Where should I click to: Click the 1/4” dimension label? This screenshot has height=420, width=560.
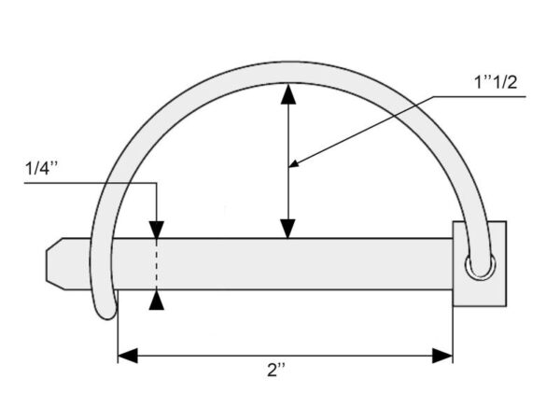click(x=41, y=168)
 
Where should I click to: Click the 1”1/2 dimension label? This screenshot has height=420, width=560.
click(x=495, y=82)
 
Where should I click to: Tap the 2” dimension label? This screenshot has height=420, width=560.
click(x=276, y=370)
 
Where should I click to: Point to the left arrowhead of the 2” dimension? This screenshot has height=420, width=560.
click(x=128, y=356)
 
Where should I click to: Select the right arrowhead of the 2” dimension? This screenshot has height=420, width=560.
click(x=442, y=356)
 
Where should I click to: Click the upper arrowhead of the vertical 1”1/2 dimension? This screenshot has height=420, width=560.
click(x=288, y=94)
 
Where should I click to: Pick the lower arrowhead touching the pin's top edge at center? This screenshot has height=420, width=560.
click(x=287, y=229)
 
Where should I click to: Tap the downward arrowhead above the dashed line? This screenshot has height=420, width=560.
click(x=157, y=230)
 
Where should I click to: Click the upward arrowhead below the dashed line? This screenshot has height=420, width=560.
click(x=157, y=300)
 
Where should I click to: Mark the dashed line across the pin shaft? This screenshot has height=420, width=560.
click(x=157, y=264)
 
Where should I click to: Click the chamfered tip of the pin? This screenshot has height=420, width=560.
click(x=55, y=264)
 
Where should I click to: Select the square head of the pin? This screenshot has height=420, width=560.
click(x=480, y=264)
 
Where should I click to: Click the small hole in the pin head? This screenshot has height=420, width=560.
click(x=481, y=266)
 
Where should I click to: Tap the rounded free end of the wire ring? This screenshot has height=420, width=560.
click(x=106, y=311)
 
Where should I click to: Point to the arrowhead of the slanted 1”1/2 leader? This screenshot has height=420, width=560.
click(x=294, y=163)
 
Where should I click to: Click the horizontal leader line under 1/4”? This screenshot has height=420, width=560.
click(x=91, y=183)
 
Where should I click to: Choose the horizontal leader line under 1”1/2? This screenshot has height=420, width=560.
click(x=479, y=97)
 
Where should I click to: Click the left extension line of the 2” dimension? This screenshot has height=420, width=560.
click(x=118, y=327)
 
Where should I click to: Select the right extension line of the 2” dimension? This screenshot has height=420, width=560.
click(x=453, y=335)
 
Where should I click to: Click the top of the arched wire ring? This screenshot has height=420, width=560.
click(x=288, y=73)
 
